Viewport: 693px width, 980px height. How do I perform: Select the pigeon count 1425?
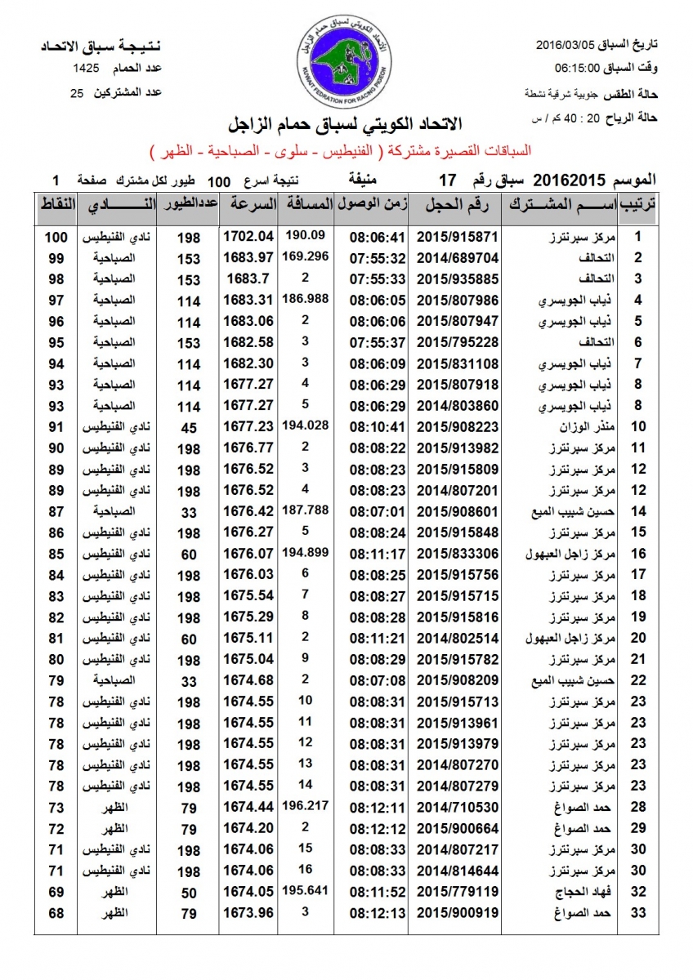(x=87, y=68)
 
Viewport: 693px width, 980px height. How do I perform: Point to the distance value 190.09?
(x=305, y=235)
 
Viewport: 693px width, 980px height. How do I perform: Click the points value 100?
(x=55, y=237)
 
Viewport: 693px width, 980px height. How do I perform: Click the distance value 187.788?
(x=305, y=510)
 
